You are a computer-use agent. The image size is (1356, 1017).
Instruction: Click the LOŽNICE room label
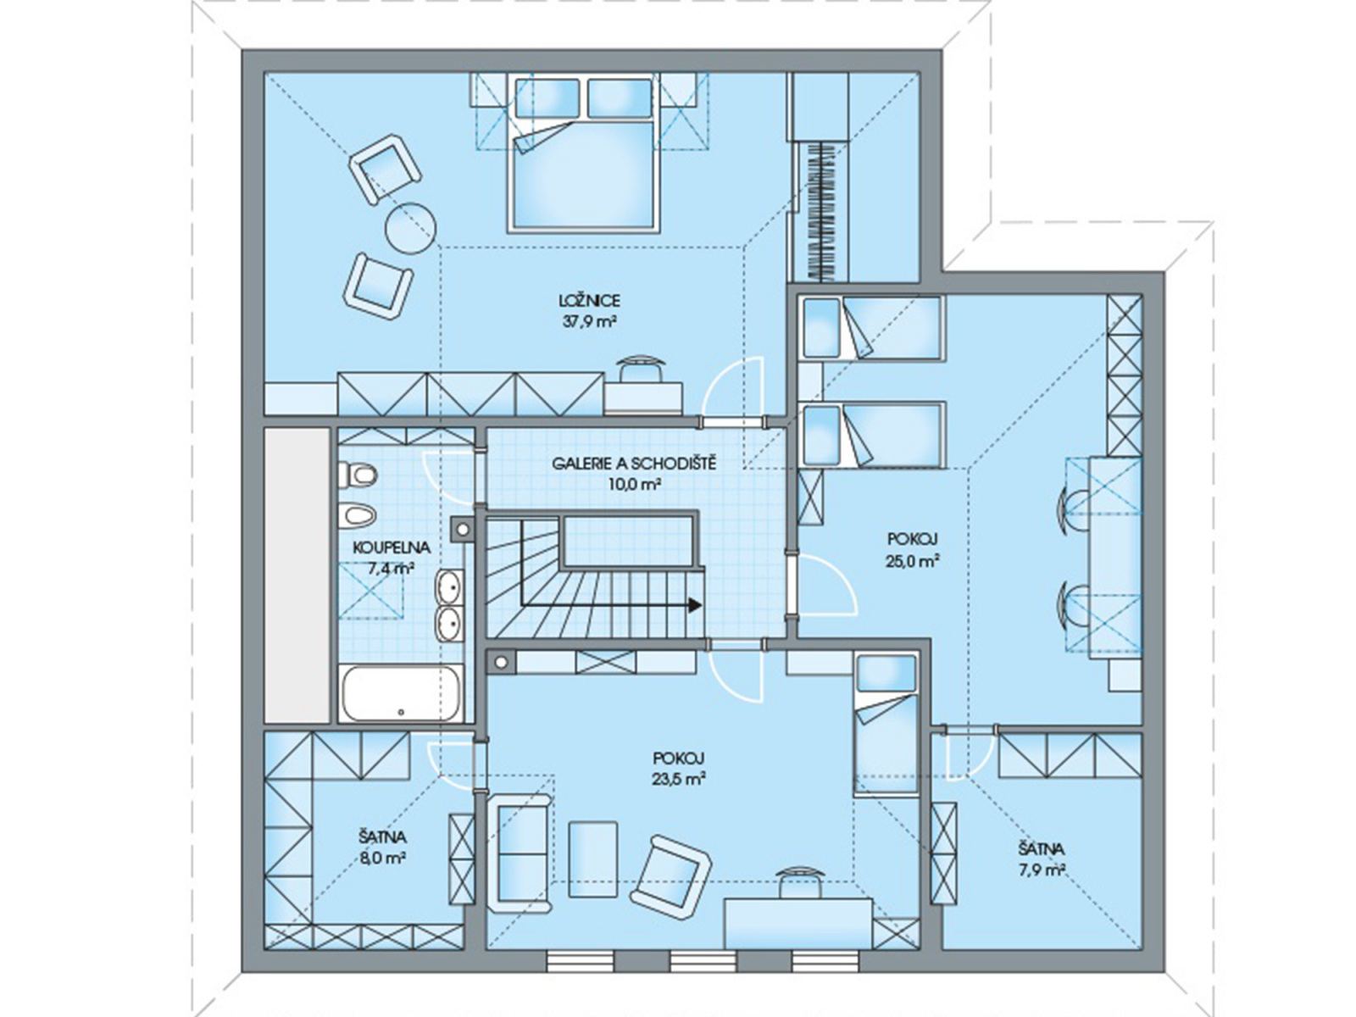(589, 301)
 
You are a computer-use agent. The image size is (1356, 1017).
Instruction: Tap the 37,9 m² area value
(589, 322)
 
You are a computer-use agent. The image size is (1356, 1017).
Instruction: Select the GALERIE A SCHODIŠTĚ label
(634, 463)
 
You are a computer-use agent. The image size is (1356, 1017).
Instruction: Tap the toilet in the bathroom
(358, 475)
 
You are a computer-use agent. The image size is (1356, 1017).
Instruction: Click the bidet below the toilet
(358, 514)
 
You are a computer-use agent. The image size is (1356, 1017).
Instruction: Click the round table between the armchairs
(410, 227)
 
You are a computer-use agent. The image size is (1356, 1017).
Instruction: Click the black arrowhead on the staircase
(695, 605)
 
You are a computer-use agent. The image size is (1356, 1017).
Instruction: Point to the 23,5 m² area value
(678, 779)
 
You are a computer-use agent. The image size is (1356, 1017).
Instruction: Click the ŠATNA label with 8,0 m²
(382, 837)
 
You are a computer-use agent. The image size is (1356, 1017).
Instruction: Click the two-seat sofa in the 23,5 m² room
(519, 854)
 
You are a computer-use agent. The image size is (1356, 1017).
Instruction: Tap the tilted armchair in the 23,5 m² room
(674, 873)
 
